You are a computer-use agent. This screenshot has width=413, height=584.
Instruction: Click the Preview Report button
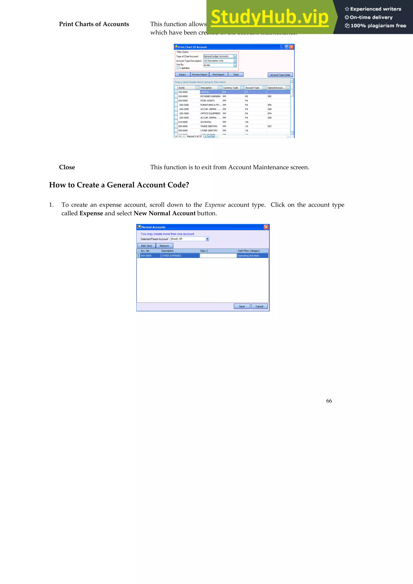(199, 75)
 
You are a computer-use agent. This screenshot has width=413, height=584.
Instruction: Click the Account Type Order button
(280, 75)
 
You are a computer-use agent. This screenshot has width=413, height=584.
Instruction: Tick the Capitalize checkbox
(178, 68)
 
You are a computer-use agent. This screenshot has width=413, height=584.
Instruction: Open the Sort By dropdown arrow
(235, 65)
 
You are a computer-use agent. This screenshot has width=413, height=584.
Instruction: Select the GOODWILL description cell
(206, 122)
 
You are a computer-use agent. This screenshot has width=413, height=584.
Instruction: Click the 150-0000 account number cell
(183, 96)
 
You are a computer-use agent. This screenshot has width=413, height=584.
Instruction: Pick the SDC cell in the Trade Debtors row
(270, 126)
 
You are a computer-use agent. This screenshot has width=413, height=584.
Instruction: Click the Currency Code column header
(230, 88)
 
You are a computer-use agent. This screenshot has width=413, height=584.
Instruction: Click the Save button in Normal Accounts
(242, 306)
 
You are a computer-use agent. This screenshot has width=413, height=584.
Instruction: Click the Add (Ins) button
(146, 246)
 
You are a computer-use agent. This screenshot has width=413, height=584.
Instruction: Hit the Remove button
(164, 246)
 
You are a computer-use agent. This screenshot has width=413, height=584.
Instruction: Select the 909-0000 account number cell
(146, 256)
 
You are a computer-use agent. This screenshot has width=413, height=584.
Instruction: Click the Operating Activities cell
(248, 256)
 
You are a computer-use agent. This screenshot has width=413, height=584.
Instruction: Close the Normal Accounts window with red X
(266, 227)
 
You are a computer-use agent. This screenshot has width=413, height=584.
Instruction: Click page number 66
(329, 401)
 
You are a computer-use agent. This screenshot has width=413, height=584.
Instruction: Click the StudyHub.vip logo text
(269, 17)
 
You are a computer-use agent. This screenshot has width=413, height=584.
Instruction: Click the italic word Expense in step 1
(215, 205)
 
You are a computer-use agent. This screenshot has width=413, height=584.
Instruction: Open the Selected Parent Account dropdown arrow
(207, 239)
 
